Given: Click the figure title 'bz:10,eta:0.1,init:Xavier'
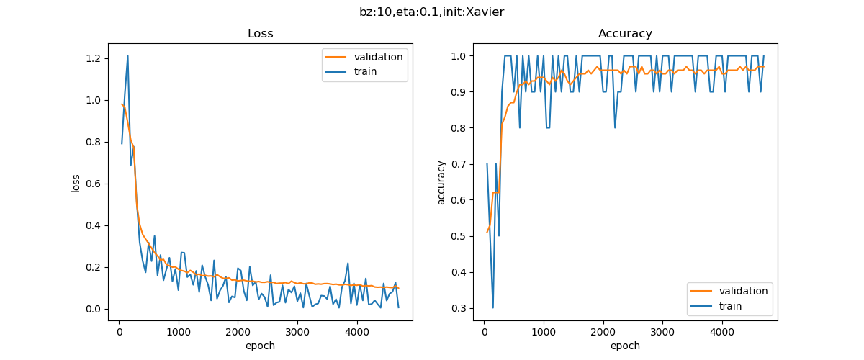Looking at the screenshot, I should (x=431, y=12).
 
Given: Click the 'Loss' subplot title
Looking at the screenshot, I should (x=260, y=34).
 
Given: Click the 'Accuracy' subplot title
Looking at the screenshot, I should (x=625, y=34).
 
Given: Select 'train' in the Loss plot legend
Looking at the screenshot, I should (x=365, y=71).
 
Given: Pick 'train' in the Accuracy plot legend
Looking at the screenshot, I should (x=730, y=306).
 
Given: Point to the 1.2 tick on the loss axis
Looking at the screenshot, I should (x=94, y=58).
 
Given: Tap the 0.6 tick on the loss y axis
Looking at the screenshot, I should (x=94, y=184).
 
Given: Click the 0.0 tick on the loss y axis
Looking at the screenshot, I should (x=94, y=309).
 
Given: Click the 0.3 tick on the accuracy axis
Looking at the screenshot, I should (x=459, y=308).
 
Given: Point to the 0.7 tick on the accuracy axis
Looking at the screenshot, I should (x=459, y=163).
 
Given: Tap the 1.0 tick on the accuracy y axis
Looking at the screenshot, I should (x=459, y=55).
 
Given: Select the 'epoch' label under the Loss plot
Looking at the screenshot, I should (x=260, y=346).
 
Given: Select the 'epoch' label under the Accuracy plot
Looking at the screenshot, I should (x=625, y=346).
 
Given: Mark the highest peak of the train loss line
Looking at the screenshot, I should (x=127, y=55).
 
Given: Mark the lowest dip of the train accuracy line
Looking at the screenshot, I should (x=492, y=308).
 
